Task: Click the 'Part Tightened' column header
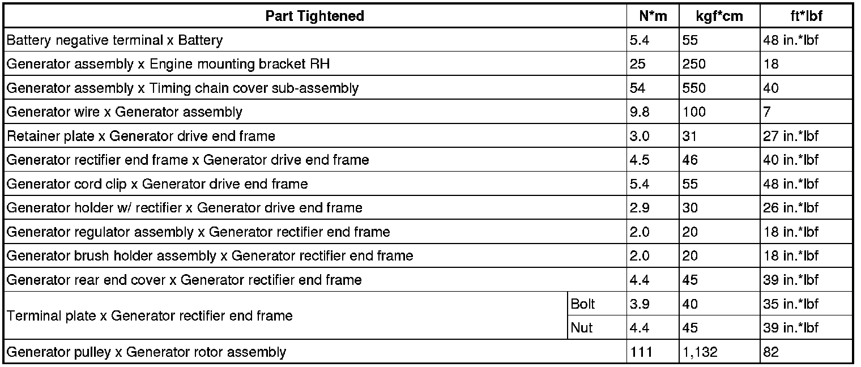[314, 16]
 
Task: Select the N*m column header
[653, 16]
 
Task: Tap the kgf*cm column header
[719, 16]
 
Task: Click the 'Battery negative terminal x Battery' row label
[114, 40]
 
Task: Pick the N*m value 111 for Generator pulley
[641, 352]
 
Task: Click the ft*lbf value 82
[771, 352]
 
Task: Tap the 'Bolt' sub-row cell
[583, 304]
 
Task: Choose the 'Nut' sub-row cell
[582, 328]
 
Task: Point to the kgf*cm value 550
[694, 88]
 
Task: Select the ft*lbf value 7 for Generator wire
[767, 112]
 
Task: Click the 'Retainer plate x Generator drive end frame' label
[140, 136]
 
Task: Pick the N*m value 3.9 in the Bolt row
[639, 304]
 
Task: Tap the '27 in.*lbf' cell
[791, 136]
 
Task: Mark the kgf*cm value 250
[694, 64]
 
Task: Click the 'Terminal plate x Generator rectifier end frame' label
[150, 316]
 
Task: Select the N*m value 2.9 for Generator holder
[639, 208]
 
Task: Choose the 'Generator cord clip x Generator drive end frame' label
[157, 184]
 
